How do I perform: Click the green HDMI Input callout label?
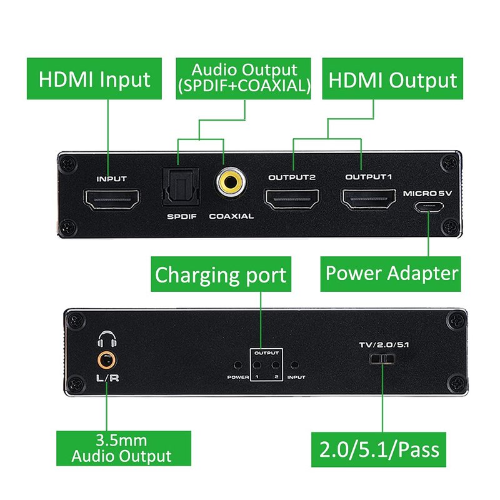[95, 79]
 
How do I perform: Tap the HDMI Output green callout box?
[392, 79]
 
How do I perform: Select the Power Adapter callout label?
[392, 273]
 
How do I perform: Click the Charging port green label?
[221, 275]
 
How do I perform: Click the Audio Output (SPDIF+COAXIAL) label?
[244, 79]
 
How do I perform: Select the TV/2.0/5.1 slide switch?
[382, 359]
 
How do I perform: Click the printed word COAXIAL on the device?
[231, 216]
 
